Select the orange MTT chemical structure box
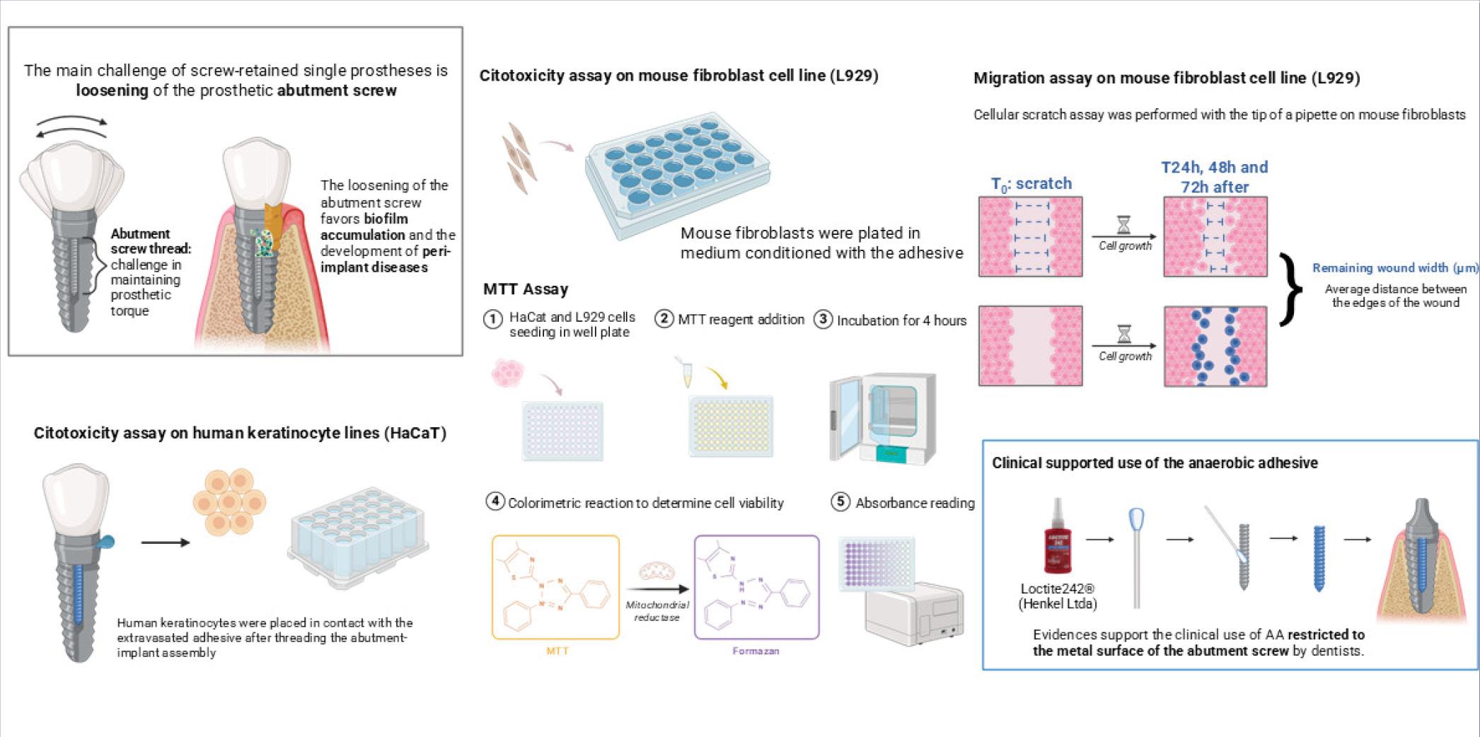[x=555, y=587]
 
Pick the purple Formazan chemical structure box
[x=756, y=587]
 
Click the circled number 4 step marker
[x=495, y=501]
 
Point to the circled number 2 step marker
[x=664, y=318]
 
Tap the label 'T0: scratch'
[x=1031, y=184]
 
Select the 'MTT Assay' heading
[x=526, y=289]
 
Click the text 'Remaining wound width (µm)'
[x=1395, y=267]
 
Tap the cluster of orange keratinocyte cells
[x=229, y=501]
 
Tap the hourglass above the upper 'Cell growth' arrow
[x=1123, y=225]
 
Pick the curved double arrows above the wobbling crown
[x=71, y=127]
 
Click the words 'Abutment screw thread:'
[x=151, y=241]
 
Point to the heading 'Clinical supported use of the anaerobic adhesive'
[x=1155, y=463]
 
